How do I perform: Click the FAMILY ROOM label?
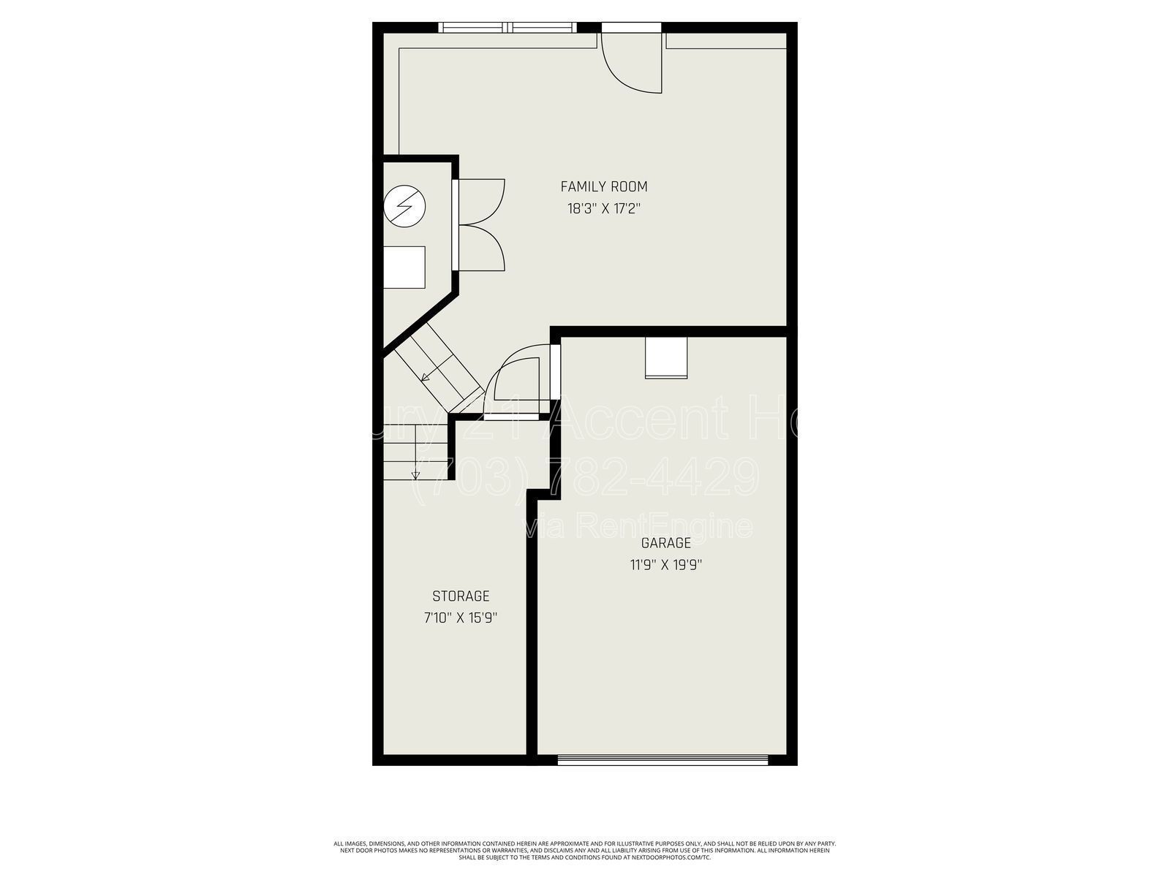(604, 187)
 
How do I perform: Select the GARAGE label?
(665, 543)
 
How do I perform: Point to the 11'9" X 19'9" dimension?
(665, 564)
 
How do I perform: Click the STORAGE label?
(461, 596)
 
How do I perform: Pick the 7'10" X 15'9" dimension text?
(461, 618)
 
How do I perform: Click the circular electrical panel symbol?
(404, 207)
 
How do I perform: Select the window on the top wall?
(507, 28)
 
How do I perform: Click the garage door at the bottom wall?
(663, 760)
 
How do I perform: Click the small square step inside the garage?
(666, 358)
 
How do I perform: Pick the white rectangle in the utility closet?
(404, 267)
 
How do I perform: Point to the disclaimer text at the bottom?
(585, 850)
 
